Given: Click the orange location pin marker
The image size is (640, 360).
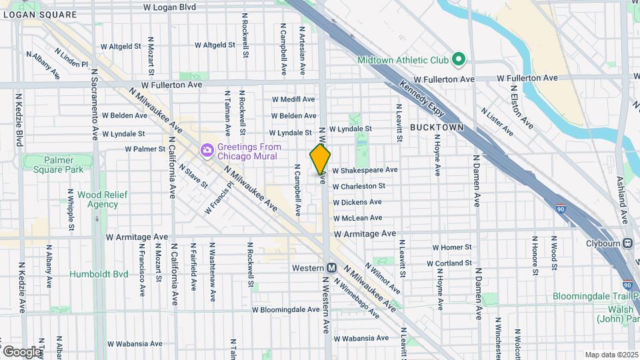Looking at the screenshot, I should coord(321,159).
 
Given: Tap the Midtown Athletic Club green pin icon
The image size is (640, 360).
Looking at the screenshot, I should coord(458,60).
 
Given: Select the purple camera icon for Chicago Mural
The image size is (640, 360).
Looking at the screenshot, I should coord(207,150).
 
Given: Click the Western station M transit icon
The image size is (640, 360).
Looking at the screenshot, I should coord(331,267).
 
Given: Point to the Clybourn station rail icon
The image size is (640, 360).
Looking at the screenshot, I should coord(628,243).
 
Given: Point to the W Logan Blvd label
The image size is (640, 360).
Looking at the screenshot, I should coord(170,7).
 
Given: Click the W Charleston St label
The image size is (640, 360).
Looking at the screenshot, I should coord(359,187).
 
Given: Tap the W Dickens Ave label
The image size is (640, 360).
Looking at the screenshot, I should coord(357,202).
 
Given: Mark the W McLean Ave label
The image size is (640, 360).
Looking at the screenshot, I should coord(358,217).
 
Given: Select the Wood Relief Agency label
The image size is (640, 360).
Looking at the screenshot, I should coord(98,199).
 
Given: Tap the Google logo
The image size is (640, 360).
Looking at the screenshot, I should coord(21,351).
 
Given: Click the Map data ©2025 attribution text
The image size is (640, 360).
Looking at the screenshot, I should coord(611,355).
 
